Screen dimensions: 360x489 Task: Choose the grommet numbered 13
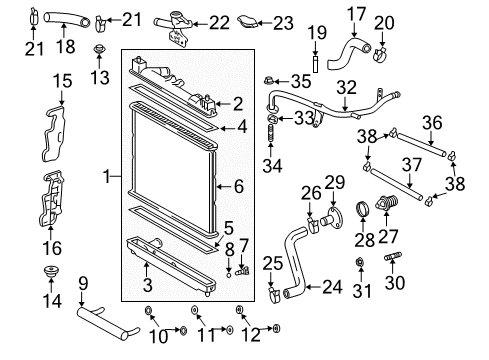click(x=99, y=50)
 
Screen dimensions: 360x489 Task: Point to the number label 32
click(x=347, y=86)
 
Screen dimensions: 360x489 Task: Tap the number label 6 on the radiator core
click(x=237, y=185)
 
